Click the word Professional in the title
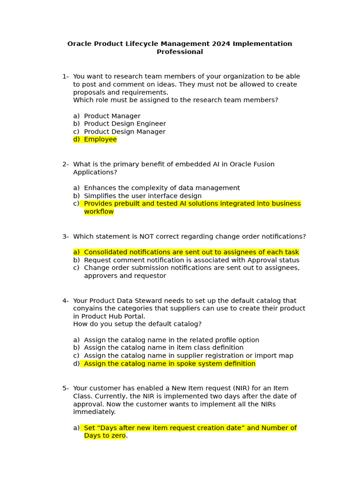[x=180, y=52]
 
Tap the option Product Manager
[x=112, y=116]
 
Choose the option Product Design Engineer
[x=125, y=124]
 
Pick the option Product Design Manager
[x=124, y=132]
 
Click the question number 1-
[x=66, y=77]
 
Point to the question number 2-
[x=66, y=165]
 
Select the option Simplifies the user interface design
[x=142, y=196]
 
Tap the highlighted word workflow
[x=99, y=212]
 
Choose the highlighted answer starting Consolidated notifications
[x=191, y=252]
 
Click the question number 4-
[x=66, y=301]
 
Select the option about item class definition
[x=164, y=348]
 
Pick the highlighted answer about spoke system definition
[x=169, y=364]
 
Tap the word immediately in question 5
[x=94, y=412]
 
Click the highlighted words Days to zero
[x=105, y=436]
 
